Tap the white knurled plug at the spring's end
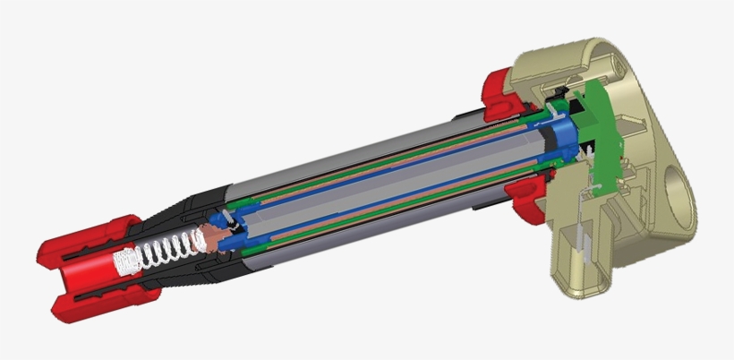coord(125,261)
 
